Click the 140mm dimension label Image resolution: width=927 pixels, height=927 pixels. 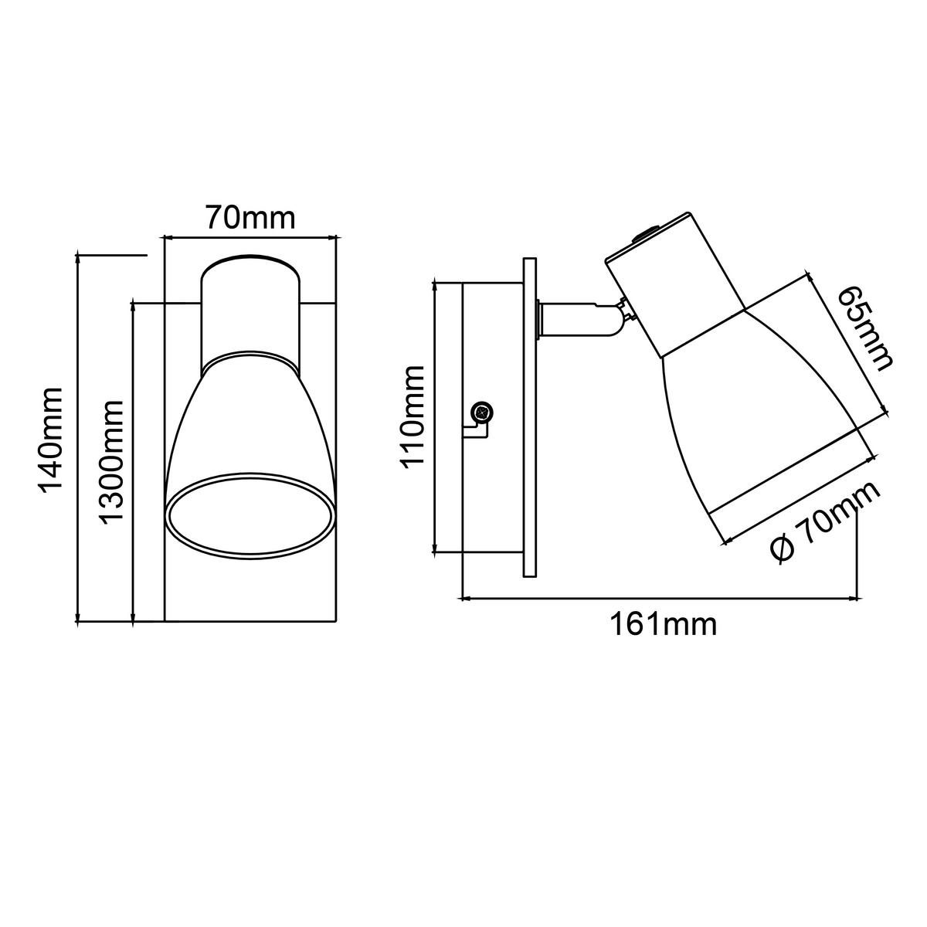[x=52, y=438]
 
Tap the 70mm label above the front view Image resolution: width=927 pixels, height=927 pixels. [x=250, y=217]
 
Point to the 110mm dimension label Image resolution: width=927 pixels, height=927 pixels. [x=413, y=416]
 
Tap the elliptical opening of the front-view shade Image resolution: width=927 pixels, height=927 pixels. [x=250, y=515]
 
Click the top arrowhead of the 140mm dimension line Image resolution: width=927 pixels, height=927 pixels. [x=77, y=258]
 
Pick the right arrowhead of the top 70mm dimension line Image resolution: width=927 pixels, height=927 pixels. [x=335, y=236]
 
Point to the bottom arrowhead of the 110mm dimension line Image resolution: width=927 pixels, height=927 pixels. [x=435, y=548]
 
